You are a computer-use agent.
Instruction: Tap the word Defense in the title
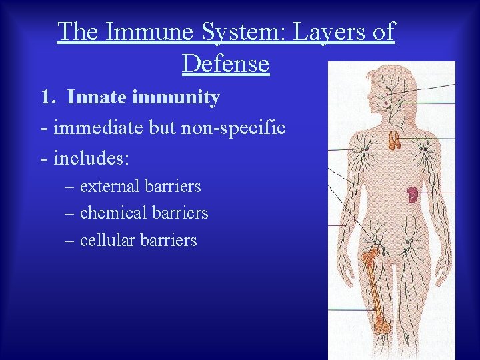(x=225, y=64)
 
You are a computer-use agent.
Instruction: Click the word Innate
(x=94, y=98)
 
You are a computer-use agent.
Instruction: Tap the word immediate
(x=97, y=127)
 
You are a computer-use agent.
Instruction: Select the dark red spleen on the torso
(x=413, y=195)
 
